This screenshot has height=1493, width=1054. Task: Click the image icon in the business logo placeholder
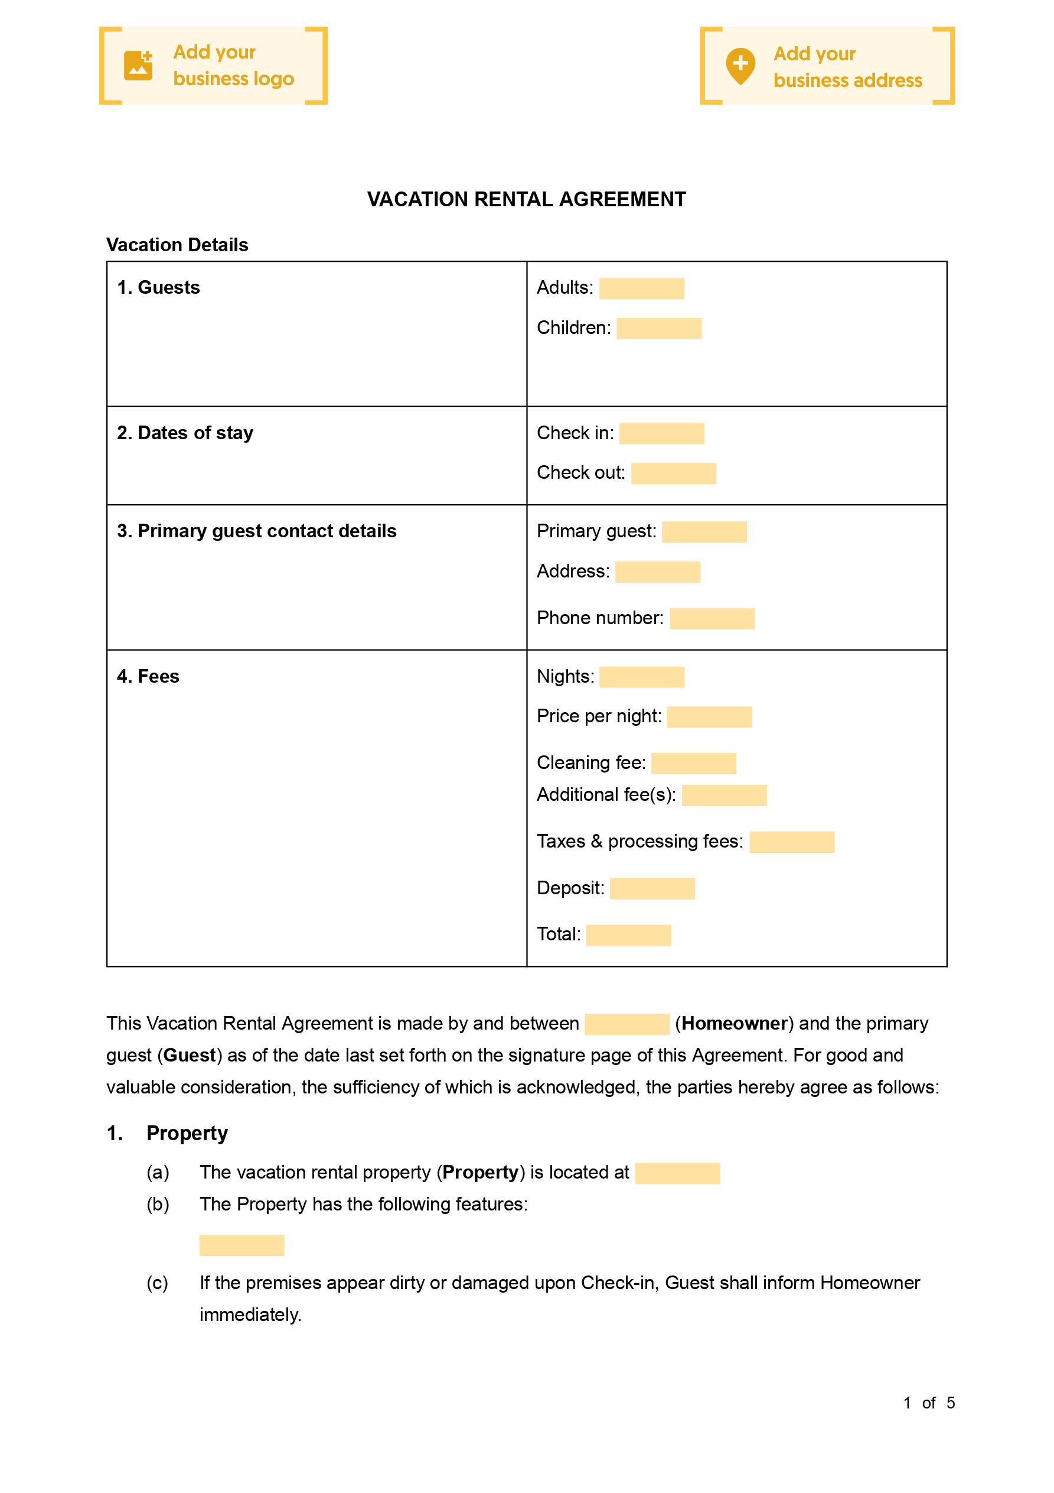(x=138, y=66)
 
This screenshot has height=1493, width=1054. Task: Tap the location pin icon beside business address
(x=740, y=66)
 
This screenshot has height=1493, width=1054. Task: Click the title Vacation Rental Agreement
(x=526, y=199)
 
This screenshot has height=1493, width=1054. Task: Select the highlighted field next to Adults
(x=641, y=288)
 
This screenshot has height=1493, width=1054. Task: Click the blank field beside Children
(x=658, y=329)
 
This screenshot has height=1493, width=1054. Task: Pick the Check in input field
(x=661, y=433)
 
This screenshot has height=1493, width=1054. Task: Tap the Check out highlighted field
(x=673, y=473)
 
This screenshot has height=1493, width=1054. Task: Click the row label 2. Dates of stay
(x=185, y=433)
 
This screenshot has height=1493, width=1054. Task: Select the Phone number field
(x=712, y=618)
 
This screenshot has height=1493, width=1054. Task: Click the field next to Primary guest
(x=704, y=532)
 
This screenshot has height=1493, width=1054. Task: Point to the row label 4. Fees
(x=148, y=676)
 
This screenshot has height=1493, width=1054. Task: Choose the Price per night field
(x=710, y=716)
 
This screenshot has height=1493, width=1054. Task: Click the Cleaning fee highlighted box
(x=693, y=764)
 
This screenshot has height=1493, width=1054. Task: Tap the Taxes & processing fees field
(x=791, y=842)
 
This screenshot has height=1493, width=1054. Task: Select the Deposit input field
(x=652, y=889)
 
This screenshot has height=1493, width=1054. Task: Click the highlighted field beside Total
(x=628, y=935)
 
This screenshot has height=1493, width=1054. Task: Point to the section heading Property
(x=187, y=1134)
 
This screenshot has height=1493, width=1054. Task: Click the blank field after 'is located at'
(x=677, y=1173)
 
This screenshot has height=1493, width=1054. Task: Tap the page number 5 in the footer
(x=950, y=1403)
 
